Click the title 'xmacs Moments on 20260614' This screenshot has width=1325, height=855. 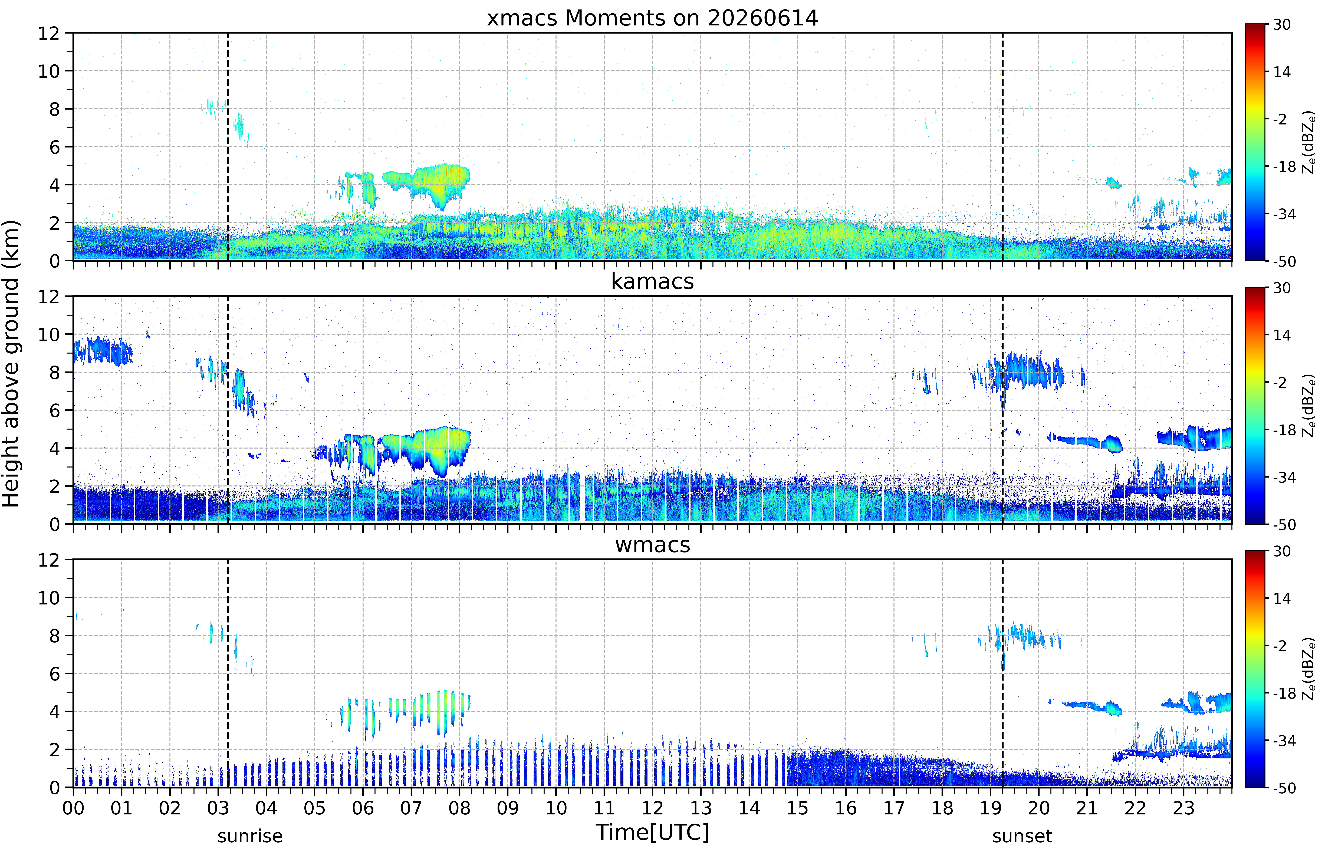(x=652, y=18)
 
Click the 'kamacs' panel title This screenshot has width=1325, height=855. (x=652, y=281)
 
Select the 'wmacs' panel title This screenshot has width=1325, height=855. (x=652, y=545)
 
